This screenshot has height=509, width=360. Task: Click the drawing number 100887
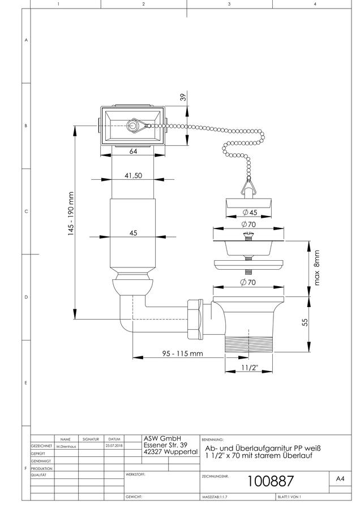click(x=271, y=481)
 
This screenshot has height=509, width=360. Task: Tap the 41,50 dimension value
click(x=133, y=176)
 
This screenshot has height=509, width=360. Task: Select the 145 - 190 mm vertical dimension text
click(x=71, y=214)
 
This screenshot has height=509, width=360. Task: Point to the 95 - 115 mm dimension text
click(x=183, y=353)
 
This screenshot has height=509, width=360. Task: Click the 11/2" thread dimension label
click(x=250, y=368)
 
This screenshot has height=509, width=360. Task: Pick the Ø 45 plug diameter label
click(x=250, y=212)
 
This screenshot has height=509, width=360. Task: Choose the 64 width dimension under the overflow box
click(x=133, y=151)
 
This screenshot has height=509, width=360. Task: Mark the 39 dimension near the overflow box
click(x=183, y=97)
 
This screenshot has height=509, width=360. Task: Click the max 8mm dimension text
click(x=317, y=268)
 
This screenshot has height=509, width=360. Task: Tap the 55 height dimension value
click(x=305, y=322)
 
